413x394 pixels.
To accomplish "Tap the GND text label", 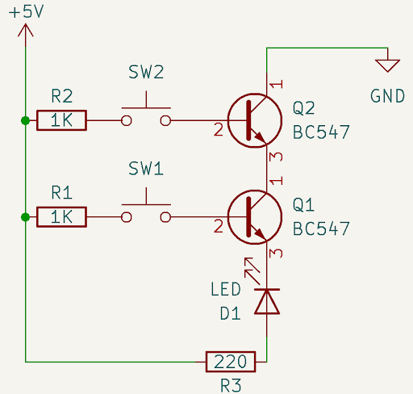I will [387, 96].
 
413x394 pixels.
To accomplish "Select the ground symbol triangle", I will [388, 65].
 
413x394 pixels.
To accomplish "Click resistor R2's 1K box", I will [62, 121].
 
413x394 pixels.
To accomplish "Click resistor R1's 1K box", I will [62, 217].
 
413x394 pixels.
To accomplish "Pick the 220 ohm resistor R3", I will [232, 362].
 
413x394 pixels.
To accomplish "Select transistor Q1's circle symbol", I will [254, 217].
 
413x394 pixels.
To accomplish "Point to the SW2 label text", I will [146, 73].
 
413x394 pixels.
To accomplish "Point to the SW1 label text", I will [146, 170].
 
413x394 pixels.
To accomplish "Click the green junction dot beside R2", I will [26, 121].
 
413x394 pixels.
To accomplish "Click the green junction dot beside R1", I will [26, 217].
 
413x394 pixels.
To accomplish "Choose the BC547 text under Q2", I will [321, 132].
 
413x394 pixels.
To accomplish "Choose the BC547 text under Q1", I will [321, 228].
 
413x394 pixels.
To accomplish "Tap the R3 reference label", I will [231, 386].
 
